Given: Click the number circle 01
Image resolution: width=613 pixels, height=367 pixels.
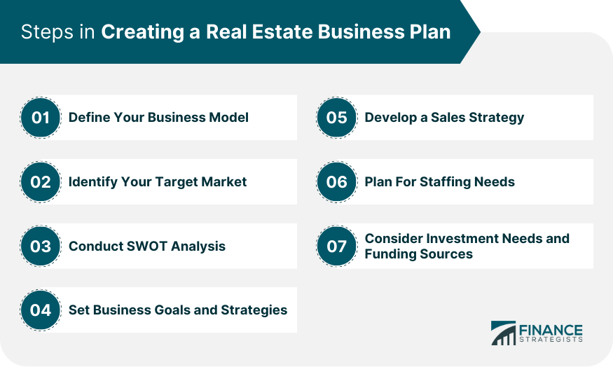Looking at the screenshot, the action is pos(40,117).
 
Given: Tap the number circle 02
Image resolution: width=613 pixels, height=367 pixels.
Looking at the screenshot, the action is pos(40,181).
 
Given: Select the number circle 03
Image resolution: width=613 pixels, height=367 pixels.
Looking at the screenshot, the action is pos(40,247).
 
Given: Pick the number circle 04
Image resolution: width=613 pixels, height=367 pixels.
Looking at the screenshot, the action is pos(40,310).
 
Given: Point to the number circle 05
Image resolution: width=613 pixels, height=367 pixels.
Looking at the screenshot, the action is pos(336,117).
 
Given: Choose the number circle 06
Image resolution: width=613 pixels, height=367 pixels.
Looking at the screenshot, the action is pos(336,181).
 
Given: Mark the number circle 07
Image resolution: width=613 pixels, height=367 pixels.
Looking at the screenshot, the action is pos(336,247).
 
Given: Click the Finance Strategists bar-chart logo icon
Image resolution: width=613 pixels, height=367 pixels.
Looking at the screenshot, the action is pos(504,333).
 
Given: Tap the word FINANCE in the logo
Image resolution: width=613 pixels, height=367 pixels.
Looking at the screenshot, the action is pos(551,331).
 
